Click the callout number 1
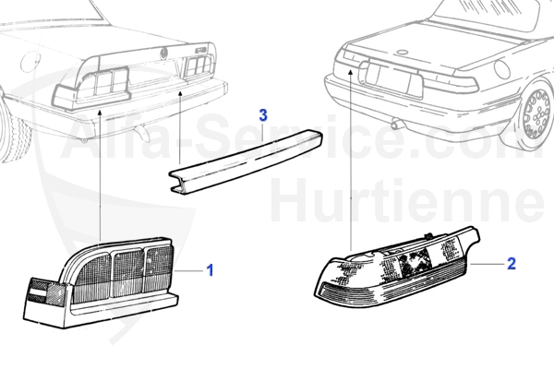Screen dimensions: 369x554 click(210, 270)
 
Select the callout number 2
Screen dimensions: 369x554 click(511, 264)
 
